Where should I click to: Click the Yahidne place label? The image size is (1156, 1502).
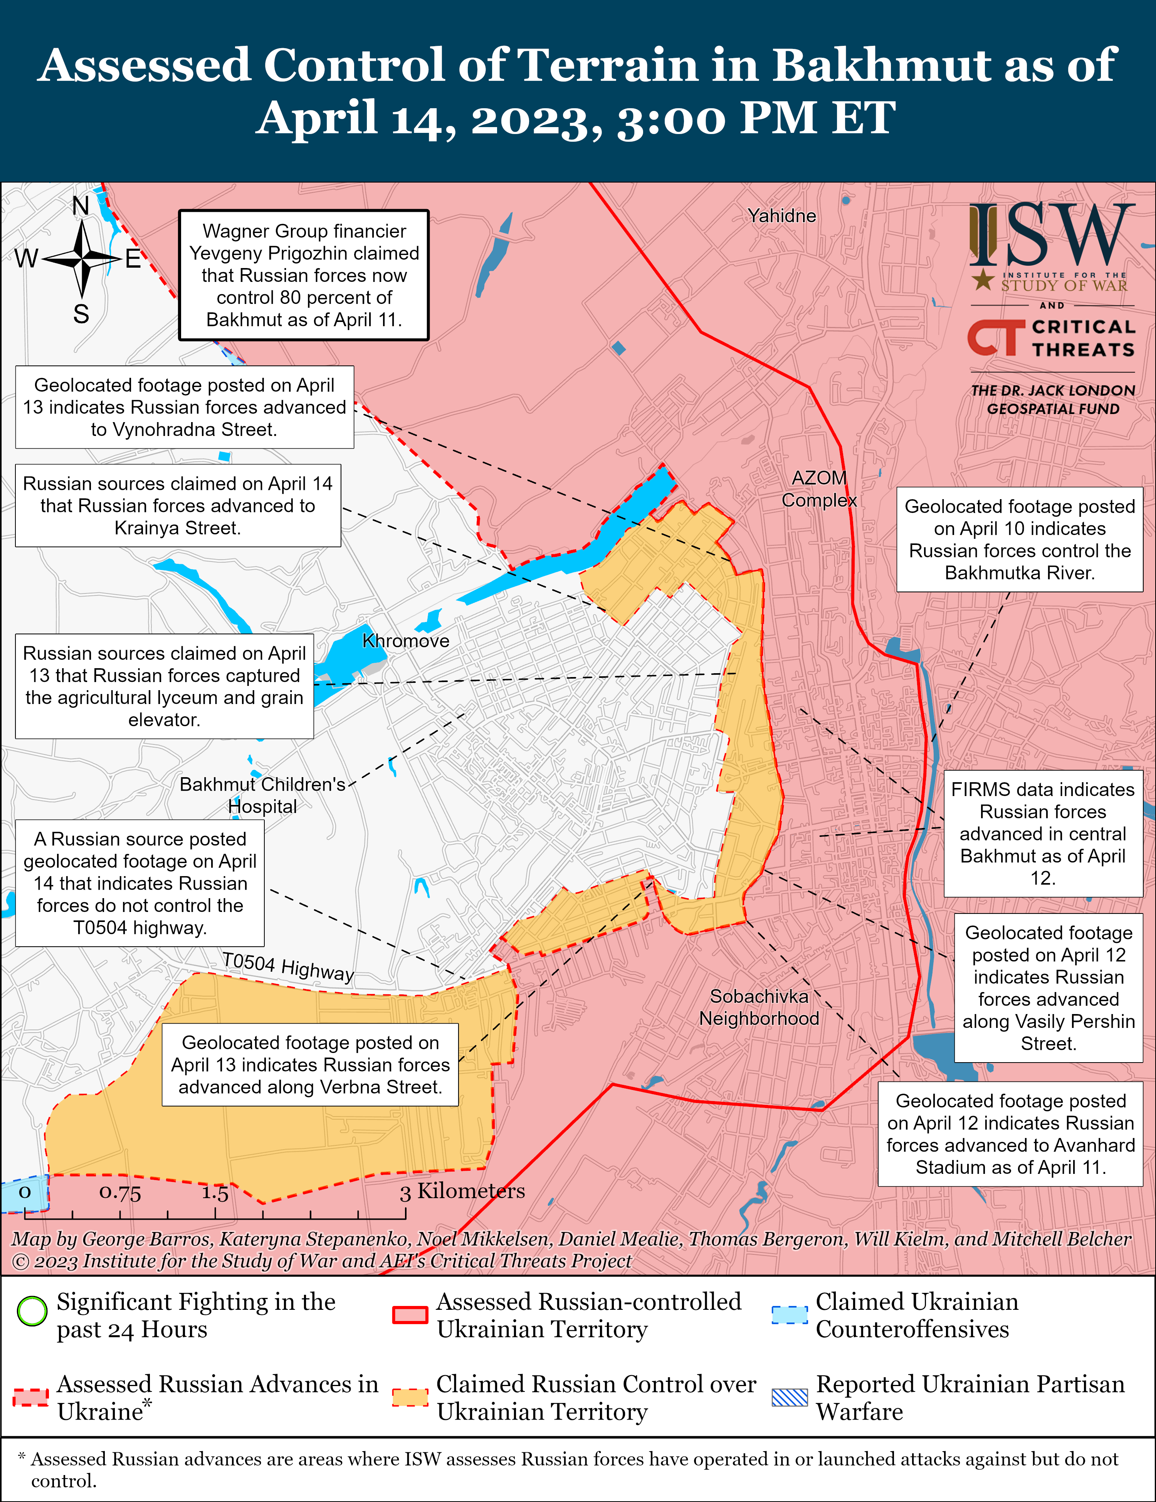[x=782, y=216]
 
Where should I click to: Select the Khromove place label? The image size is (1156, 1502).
[x=405, y=641]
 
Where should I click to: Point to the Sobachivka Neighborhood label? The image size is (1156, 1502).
[x=759, y=1007]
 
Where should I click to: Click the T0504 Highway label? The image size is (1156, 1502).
[x=287, y=966]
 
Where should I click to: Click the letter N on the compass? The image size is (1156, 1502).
[x=81, y=206]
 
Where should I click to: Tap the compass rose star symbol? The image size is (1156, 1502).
[x=82, y=259]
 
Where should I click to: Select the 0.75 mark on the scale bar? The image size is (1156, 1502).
[x=120, y=1192]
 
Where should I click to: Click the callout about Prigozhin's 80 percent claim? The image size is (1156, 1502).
[x=304, y=275]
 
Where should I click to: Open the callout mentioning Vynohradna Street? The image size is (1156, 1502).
[x=185, y=407]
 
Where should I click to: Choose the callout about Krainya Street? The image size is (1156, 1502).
[x=178, y=505]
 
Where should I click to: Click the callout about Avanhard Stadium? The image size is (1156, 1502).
[x=1010, y=1134]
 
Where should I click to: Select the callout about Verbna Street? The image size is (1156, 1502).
[x=310, y=1064]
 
